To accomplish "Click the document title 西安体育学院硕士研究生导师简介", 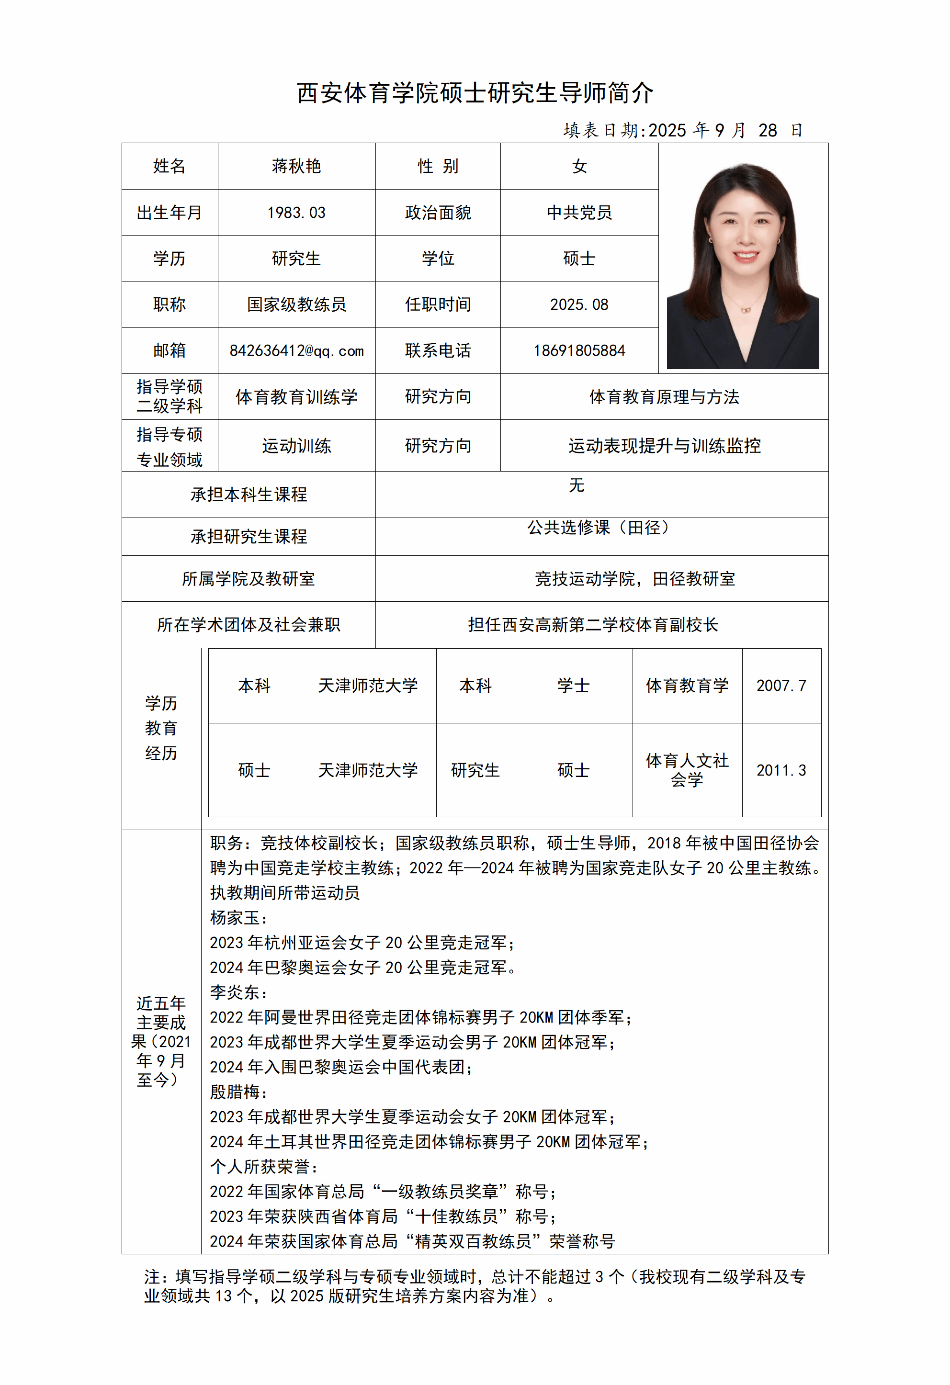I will tap(475, 93).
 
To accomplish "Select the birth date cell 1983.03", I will tap(296, 213).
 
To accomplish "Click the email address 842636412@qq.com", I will tap(296, 351).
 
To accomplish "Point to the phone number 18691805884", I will tap(579, 351).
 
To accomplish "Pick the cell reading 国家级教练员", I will tap(296, 305).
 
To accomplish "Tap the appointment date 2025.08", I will tap(579, 305).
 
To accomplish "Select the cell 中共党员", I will tap(579, 213).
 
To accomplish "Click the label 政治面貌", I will tap(438, 213).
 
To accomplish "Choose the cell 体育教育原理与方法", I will tap(664, 397).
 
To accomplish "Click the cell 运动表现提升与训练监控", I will tap(664, 446).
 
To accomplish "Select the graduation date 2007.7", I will tap(781, 686).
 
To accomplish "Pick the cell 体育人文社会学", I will tap(687, 770).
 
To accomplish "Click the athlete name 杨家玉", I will tap(235, 918).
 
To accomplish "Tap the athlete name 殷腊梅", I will tap(235, 1092).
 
